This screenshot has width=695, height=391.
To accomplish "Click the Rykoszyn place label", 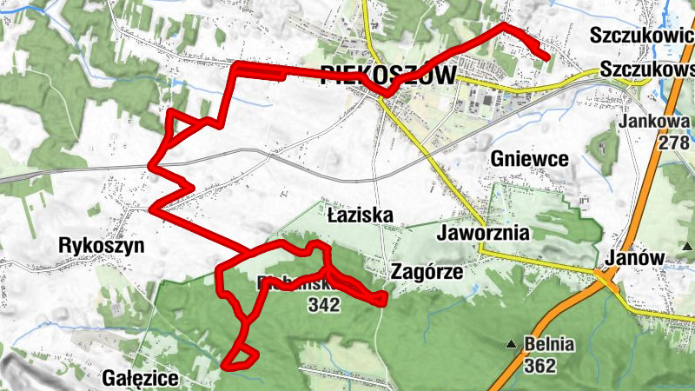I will pos(101,245).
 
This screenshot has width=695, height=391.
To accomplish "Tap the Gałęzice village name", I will pos(140,378).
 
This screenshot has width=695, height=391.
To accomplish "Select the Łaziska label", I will pos(361,214).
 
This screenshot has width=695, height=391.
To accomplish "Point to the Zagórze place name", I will pos(427,271).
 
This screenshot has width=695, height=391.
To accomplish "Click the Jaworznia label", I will pos(485,234).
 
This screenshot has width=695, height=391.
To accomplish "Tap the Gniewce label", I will pos(529,159).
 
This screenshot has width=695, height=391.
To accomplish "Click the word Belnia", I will pos(549,345).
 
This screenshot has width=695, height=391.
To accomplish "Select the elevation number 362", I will pos(539,366).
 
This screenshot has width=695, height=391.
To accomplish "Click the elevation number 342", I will pos(322,304).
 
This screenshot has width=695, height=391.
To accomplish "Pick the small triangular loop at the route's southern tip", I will pos(242,357).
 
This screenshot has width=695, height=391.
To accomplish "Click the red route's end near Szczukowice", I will pos(546,58).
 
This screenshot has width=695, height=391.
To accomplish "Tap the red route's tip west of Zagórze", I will pos(382,300).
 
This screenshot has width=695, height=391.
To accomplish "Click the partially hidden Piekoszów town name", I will pos(388,76).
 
